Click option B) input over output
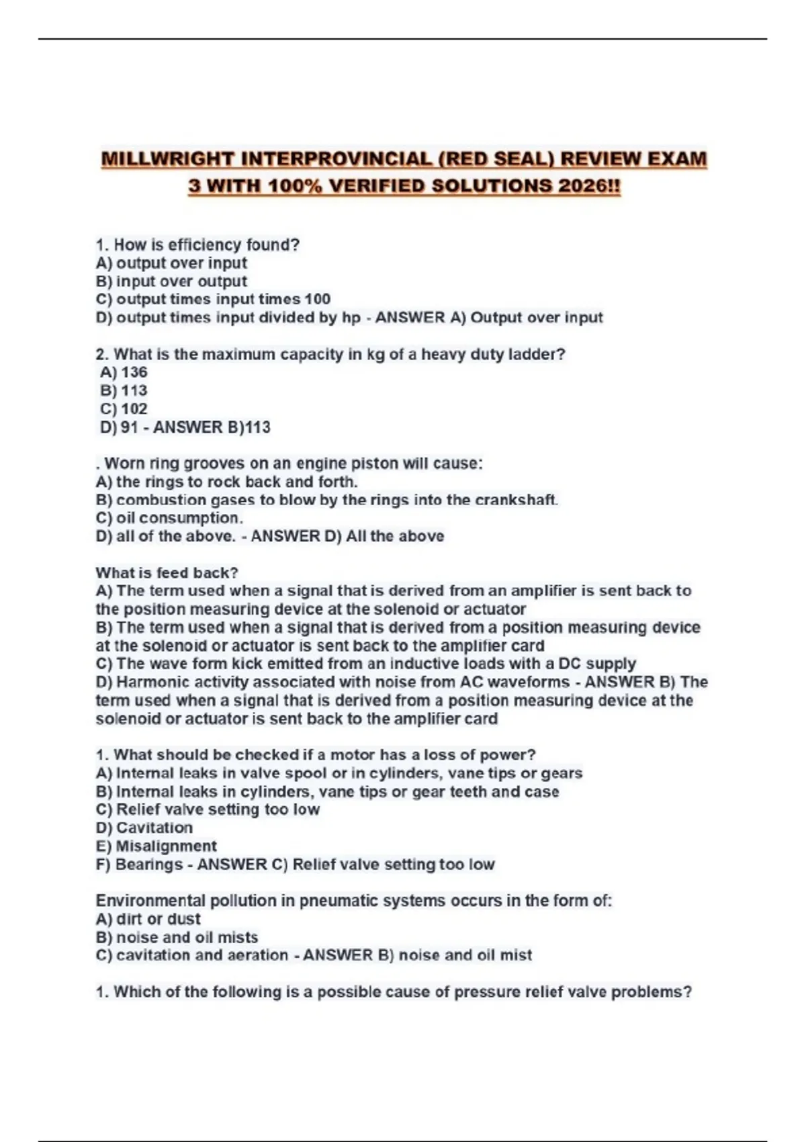(171, 281)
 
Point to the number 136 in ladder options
(134, 372)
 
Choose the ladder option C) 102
(124, 408)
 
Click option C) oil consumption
(169, 518)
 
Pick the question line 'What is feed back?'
(167, 573)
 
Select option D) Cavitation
(144, 828)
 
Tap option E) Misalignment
(156, 846)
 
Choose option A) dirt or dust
(148, 919)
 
